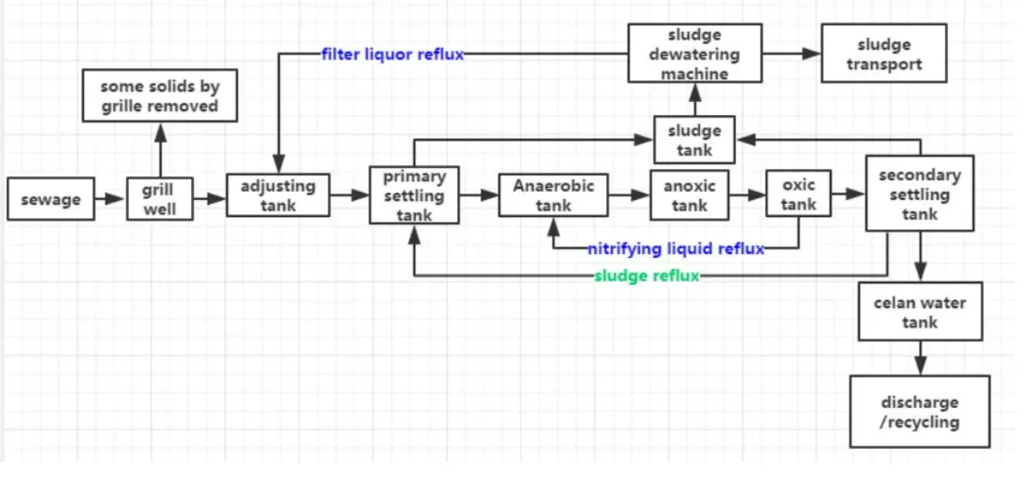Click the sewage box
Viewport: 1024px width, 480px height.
51,199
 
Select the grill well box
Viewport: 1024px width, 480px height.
160,199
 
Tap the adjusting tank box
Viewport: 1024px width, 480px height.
277,195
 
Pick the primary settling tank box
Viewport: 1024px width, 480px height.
414,195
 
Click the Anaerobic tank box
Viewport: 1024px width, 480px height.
553,195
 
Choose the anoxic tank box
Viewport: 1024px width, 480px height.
689,196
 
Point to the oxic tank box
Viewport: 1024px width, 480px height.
798,194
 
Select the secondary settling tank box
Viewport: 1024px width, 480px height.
920,194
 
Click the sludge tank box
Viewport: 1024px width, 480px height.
694,140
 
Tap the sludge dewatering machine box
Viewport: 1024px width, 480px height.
694,54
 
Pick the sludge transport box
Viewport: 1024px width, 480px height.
884,54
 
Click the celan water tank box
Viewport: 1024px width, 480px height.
920,312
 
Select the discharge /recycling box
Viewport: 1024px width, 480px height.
920,412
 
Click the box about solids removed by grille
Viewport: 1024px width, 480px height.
160,96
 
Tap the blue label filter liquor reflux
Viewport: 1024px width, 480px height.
392,55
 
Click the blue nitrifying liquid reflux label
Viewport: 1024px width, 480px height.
676,249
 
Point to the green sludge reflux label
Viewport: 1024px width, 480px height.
647,276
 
